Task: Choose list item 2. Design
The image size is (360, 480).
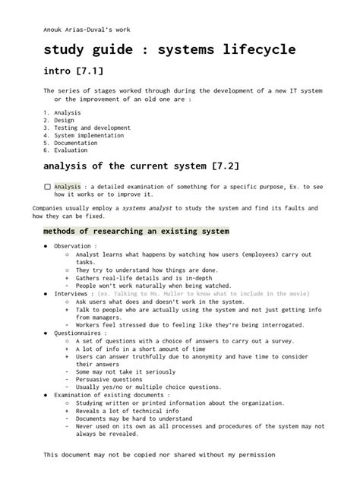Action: pos(59,120)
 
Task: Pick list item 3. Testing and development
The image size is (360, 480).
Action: pos(83,128)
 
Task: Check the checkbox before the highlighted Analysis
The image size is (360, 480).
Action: pos(47,186)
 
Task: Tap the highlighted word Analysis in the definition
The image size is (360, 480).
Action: pos(67,186)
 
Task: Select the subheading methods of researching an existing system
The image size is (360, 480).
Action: pos(136,230)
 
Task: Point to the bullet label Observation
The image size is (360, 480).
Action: pos(74,246)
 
